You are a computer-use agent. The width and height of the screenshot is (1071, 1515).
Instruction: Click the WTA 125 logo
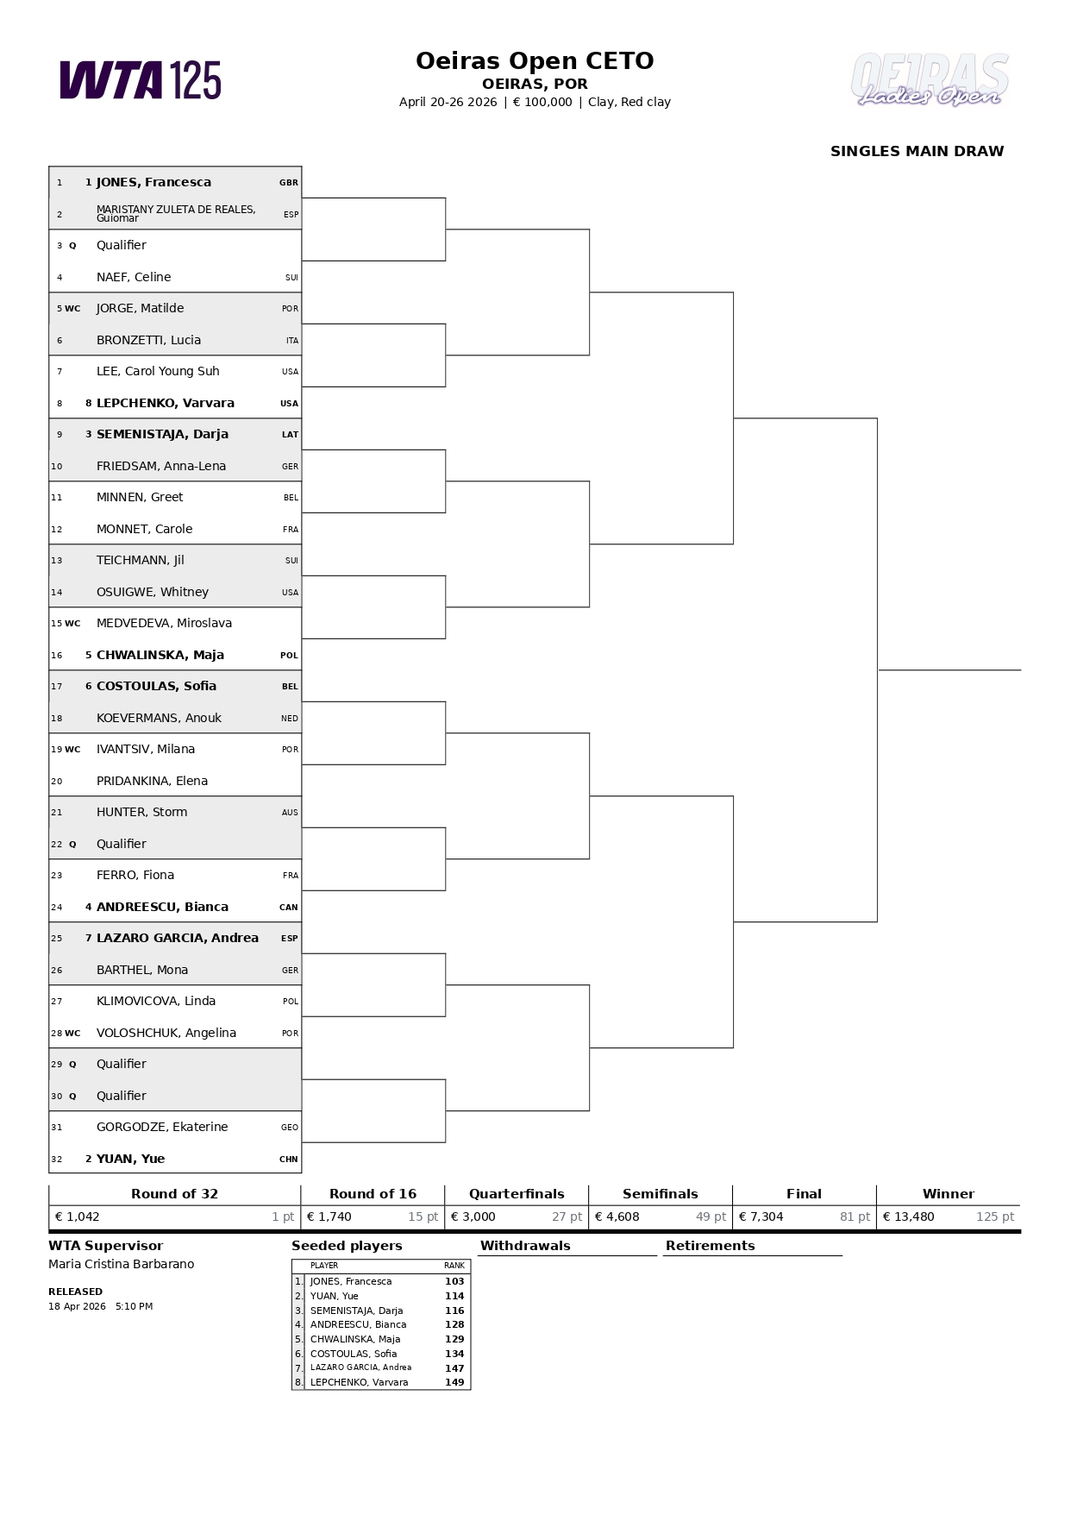tap(140, 80)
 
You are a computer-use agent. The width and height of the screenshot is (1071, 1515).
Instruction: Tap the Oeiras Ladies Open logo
tap(930, 80)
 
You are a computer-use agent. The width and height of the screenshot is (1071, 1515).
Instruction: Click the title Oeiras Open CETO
tap(535, 61)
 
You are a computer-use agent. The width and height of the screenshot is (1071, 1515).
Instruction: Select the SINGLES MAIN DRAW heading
tap(917, 151)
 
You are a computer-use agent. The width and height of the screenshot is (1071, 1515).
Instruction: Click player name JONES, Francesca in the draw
tap(153, 182)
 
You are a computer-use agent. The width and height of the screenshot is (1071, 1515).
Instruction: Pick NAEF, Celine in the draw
tap(134, 277)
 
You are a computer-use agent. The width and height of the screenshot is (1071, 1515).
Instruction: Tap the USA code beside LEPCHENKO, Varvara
tap(289, 403)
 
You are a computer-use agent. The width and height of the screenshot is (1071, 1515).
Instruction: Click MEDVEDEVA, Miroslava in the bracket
tap(164, 623)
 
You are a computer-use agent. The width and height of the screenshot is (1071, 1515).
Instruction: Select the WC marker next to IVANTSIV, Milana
tap(72, 750)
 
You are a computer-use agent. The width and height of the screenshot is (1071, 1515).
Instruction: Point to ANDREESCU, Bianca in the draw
tap(162, 907)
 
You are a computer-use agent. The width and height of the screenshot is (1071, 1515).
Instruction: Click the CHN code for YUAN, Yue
tap(289, 1160)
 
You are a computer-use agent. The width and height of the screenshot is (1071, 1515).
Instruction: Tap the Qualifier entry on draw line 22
tap(122, 844)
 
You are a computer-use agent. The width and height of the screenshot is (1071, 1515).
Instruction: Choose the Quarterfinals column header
tap(517, 1194)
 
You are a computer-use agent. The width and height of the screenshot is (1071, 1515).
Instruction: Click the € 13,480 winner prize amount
tap(908, 1216)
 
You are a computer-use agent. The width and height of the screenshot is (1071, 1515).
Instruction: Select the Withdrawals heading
tap(525, 1246)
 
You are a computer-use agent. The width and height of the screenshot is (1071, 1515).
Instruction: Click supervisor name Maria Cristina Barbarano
tap(122, 1264)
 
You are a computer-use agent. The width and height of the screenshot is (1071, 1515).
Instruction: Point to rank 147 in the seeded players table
tap(454, 1368)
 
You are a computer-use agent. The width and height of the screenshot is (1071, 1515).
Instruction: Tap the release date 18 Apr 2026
tap(77, 1306)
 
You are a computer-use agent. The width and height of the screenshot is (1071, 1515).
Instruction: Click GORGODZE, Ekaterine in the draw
tap(162, 1127)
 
